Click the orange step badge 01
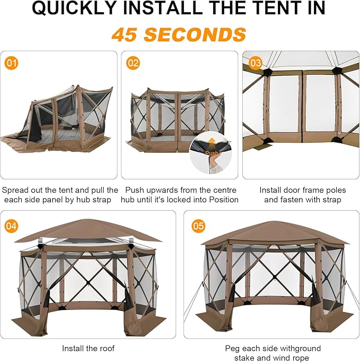(x=11, y=63)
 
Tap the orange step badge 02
(x=133, y=63)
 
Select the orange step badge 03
(x=255, y=63)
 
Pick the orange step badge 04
(x=11, y=226)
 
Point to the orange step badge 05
(x=198, y=226)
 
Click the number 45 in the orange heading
(x=124, y=34)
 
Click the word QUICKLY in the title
(x=74, y=8)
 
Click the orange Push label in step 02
(x=212, y=153)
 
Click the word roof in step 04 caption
(x=107, y=349)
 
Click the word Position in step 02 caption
(x=224, y=200)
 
